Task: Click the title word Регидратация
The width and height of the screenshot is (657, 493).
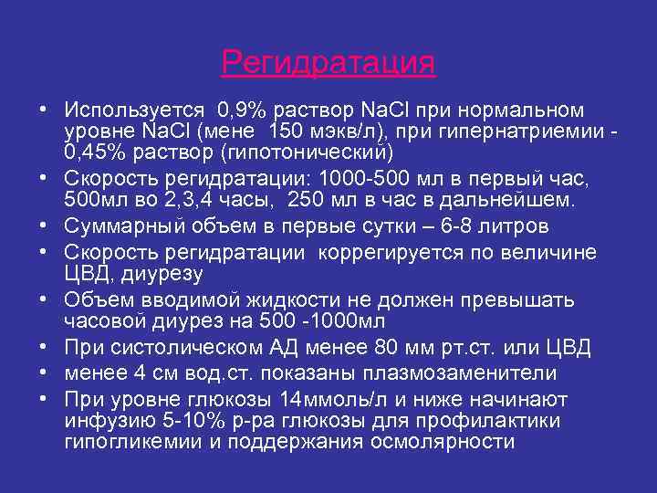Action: coord(328,64)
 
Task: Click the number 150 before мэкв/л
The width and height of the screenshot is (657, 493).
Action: coord(313,131)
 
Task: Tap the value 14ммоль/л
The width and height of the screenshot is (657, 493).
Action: coord(333,400)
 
